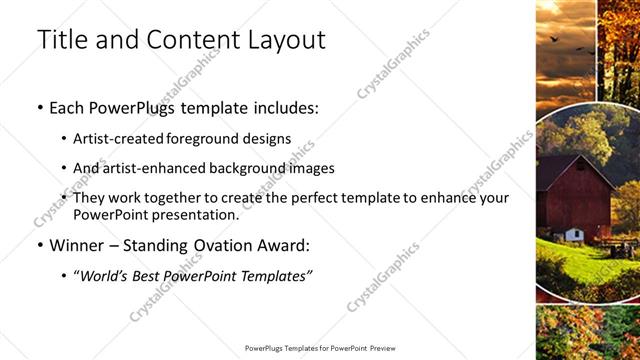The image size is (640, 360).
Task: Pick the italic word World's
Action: [x=105, y=275]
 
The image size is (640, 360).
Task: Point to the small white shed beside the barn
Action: [x=574, y=235]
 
